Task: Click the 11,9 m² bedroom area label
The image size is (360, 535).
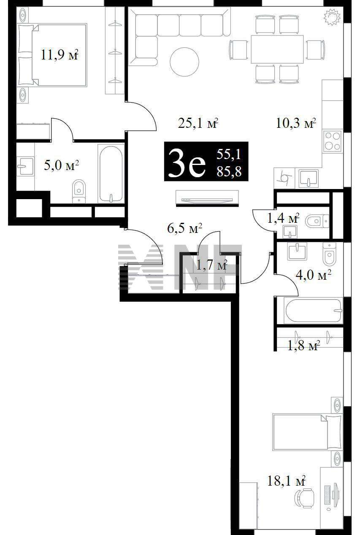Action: [x=60, y=55]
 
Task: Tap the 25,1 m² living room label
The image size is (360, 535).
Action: [x=198, y=124]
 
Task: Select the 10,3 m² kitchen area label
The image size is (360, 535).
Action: [x=296, y=124]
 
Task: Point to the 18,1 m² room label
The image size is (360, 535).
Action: [x=287, y=481]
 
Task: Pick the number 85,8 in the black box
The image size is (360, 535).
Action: [x=229, y=171]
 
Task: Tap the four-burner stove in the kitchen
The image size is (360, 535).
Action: [x=333, y=141]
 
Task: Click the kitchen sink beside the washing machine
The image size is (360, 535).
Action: [x=309, y=178]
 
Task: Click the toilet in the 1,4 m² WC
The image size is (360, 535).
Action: [x=317, y=221]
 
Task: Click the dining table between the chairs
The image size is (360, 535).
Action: [x=277, y=49]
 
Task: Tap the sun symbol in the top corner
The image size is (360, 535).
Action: [x=332, y=17]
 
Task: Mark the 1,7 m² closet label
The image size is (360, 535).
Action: [x=211, y=265]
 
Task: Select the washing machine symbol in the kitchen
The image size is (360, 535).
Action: [x=284, y=178]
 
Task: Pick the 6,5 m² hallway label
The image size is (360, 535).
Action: [x=185, y=228]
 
